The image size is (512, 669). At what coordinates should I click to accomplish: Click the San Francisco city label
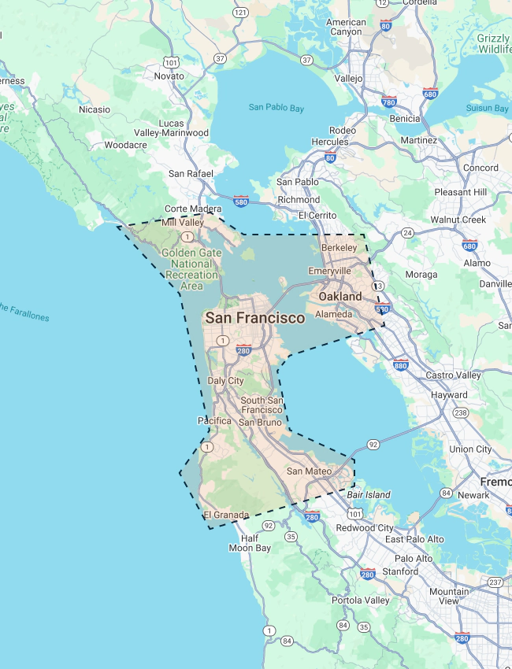(254, 318)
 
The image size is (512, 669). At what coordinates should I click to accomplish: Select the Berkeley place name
(339, 247)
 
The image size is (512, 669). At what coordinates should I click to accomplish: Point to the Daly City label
(225, 381)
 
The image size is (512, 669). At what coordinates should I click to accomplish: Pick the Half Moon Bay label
(250, 543)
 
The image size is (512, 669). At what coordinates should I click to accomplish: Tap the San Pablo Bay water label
(276, 108)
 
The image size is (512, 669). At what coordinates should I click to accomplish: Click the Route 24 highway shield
(407, 233)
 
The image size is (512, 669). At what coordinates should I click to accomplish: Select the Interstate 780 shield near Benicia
(388, 102)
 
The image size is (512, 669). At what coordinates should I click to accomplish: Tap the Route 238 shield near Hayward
(461, 412)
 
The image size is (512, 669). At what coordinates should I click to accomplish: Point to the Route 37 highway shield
(220, 58)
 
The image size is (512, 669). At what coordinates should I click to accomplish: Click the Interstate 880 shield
(400, 364)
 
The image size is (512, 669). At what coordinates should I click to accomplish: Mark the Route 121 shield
(241, 13)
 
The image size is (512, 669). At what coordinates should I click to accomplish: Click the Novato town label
(169, 76)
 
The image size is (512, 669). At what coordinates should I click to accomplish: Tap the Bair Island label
(369, 494)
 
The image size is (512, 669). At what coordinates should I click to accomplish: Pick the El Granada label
(226, 515)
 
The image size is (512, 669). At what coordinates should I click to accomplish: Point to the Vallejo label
(348, 79)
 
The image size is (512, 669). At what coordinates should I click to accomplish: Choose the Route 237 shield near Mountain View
(495, 582)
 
